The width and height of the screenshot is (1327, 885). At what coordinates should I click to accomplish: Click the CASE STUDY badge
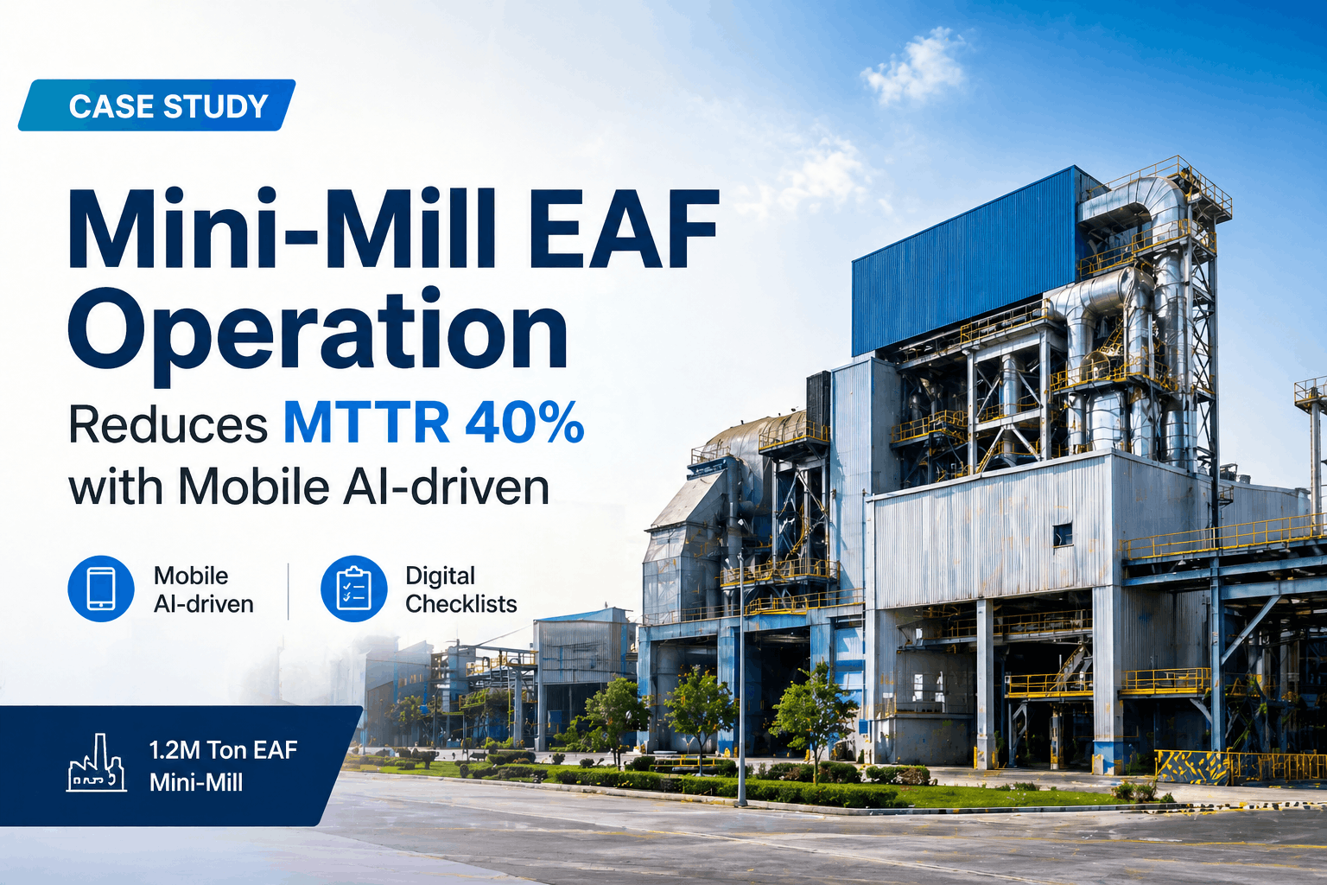coord(157,105)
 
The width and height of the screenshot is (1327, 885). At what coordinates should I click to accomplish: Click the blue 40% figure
coord(524,423)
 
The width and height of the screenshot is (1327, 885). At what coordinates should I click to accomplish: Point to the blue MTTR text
coord(366,423)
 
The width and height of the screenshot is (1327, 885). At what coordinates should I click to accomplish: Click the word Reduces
coord(168,425)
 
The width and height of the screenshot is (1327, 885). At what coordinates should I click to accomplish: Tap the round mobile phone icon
coord(101,589)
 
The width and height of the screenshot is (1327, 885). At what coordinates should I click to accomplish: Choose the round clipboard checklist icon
coord(353,589)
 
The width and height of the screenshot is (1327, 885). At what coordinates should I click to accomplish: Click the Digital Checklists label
coord(460,589)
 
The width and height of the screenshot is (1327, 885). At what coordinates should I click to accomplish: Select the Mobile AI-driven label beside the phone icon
coord(203,589)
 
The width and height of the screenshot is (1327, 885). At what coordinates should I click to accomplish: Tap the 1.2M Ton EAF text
coord(223,749)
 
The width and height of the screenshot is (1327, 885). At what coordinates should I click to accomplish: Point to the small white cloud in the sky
coord(914,67)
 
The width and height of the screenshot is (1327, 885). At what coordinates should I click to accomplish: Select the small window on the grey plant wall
coord(1062,535)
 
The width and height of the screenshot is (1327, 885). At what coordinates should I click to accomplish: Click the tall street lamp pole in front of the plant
coord(741,683)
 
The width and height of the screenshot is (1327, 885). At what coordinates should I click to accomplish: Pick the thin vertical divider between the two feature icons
coord(289,591)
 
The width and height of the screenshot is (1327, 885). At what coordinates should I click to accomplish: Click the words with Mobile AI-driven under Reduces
coord(308,487)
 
